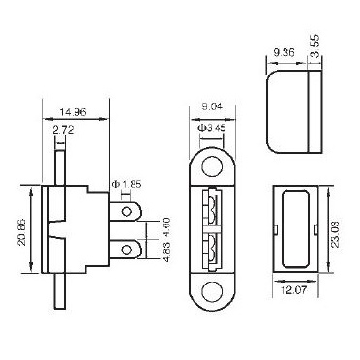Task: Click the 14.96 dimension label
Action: [x=73, y=112]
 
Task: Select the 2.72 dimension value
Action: [x=64, y=130]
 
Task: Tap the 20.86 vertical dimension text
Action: [x=22, y=229]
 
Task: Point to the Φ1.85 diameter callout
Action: [x=127, y=185]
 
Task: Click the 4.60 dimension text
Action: [x=166, y=226]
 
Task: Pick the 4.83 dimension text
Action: [x=166, y=251]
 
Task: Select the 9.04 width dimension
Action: [x=212, y=106]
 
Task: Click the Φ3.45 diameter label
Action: [x=211, y=128]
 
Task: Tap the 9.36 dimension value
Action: [x=284, y=52]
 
